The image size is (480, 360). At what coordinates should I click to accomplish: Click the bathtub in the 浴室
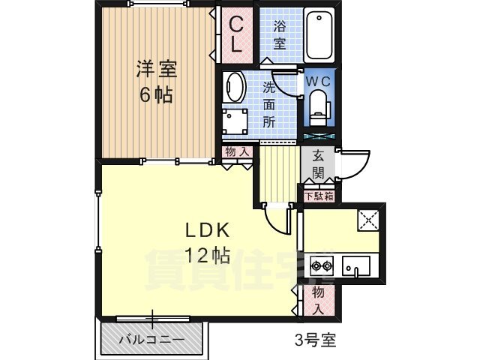[319, 34]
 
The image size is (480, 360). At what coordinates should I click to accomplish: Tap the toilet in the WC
[318, 108]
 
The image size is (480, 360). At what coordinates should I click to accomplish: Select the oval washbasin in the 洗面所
[234, 88]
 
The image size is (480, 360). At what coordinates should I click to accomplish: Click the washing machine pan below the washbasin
[235, 121]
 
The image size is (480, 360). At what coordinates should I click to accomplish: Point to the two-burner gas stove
[322, 265]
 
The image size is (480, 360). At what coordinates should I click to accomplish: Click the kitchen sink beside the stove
[356, 266]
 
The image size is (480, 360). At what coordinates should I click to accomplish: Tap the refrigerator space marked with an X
[368, 220]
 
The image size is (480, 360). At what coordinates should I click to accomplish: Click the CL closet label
[237, 34]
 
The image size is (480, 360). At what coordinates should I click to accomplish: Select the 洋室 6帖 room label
[157, 82]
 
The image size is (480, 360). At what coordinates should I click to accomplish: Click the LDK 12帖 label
[207, 242]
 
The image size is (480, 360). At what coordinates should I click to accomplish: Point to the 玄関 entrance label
[318, 165]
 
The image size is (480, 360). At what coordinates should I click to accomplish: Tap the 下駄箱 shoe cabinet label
[319, 196]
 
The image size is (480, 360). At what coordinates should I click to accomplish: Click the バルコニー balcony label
[151, 340]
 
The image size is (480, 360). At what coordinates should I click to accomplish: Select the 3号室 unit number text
[315, 340]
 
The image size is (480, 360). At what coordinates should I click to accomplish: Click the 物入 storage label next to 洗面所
[237, 151]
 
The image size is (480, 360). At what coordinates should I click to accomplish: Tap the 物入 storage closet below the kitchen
[319, 301]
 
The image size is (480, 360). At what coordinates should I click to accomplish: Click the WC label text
[318, 82]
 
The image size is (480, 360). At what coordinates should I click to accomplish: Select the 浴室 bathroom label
[280, 34]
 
